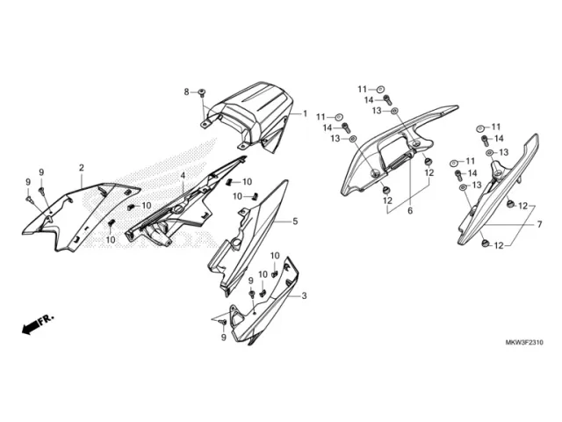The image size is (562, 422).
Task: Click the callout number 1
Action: [x=306, y=114]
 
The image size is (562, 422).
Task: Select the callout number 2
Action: [x=82, y=167]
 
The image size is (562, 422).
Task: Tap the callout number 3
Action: [x=304, y=296]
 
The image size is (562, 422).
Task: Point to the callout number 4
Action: [x=183, y=176]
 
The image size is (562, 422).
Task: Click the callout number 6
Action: [x=408, y=211]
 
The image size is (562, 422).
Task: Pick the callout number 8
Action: [x=186, y=91]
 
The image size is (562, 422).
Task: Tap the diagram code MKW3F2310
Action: [x=525, y=343]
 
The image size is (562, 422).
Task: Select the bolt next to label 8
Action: [x=201, y=92]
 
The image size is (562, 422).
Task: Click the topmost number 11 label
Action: [x=361, y=89]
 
